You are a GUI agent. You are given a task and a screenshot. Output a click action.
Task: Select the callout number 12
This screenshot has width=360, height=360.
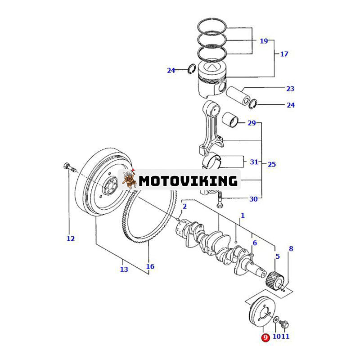[x=70, y=238]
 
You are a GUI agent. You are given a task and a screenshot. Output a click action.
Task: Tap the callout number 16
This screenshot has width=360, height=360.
[x=150, y=266]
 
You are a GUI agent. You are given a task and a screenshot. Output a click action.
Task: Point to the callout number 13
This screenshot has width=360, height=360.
[x=124, y=269]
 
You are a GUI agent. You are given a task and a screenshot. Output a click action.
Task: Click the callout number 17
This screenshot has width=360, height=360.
[x=284, y=54]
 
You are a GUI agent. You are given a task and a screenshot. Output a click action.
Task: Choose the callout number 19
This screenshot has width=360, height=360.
[x=263, y=41]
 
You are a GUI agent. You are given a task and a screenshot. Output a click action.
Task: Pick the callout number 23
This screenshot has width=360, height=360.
[x=290, y=89]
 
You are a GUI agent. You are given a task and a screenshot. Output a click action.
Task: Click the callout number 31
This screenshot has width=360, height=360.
[x=254, y=162]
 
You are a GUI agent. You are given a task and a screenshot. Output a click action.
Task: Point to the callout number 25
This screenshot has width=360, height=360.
[x=271, y=164]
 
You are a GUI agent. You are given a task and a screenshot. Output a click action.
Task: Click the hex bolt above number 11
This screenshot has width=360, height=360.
[x=287, y=323]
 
